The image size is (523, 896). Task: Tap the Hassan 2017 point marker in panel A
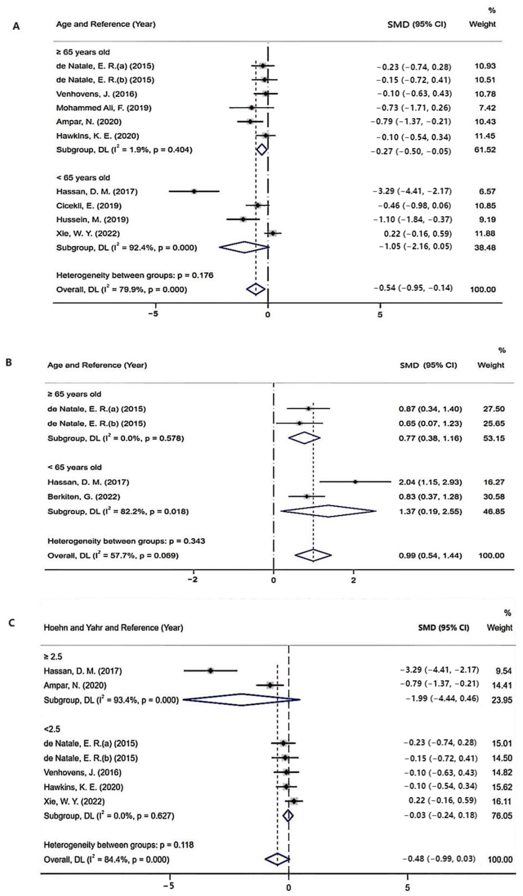(x=194, y=191)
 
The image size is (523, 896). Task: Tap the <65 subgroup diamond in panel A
(x=244, y=247)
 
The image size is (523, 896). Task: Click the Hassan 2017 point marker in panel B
(x=355, y=482)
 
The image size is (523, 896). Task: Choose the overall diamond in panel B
(x=313, y=555)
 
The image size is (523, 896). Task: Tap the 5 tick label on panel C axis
(x=407, y=887)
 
